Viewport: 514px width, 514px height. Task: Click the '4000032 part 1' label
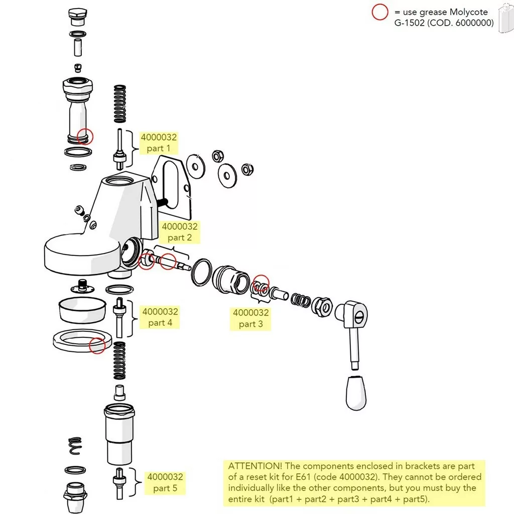point(158,143)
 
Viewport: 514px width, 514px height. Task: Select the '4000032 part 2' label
point(179,232)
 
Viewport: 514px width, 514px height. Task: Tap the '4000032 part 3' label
point(250,318)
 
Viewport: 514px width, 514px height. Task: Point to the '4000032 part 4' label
point(160,317)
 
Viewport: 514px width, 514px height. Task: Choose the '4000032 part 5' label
point(165,482)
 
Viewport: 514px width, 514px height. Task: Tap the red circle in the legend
point(379,12)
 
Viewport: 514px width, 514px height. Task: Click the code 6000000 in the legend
point(473,23)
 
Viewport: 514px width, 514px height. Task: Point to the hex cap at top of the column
point(77,16)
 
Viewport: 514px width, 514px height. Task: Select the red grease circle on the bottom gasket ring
point(97,345)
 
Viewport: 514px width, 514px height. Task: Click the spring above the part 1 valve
point(119,103)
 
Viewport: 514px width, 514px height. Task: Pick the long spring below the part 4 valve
point(119,360)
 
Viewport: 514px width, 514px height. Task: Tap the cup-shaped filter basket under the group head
point(82,310)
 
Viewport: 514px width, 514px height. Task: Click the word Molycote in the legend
point(468,12)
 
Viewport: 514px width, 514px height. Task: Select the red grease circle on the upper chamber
point(85,136)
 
